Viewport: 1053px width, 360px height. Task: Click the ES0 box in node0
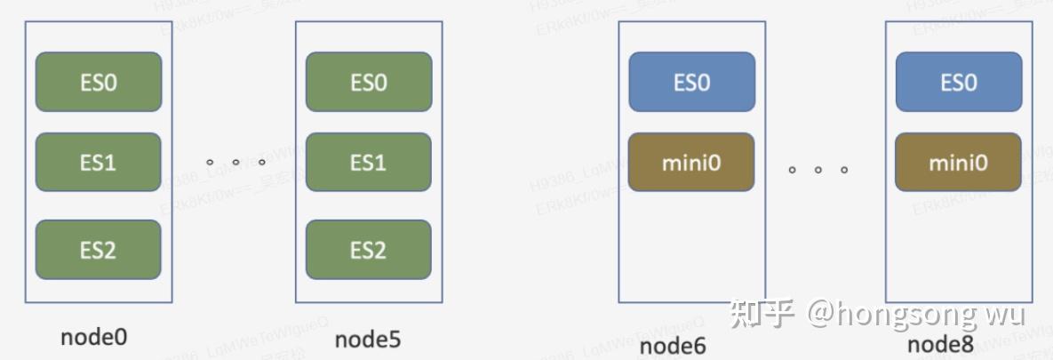[x=98, y=82]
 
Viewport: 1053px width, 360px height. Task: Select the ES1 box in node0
[x=98, y=163]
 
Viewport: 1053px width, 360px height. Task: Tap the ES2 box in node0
[x=98, y=250]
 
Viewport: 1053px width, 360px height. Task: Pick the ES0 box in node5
[x=368, y=82]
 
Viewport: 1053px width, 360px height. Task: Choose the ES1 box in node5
[x=368, y=163]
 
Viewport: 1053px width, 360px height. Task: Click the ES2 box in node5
[x=368, y=250]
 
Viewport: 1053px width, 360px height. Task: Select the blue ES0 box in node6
[x=691, y=82]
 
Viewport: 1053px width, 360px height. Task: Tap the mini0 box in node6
[x=691, y=163]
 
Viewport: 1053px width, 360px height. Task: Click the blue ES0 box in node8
[x=958, y=82]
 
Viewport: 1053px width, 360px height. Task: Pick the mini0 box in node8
[x=958, y=163]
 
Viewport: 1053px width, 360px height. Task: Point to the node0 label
[x=94, y=337]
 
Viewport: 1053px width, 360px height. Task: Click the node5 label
[x=367, y=339]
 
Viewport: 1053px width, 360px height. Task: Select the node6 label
[x=673, y=346]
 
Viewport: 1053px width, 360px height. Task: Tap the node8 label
[x=940, y=345]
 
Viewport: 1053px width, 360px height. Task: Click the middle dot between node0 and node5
[x=236, y=163]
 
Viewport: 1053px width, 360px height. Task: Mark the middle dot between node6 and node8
[x=818, y=169]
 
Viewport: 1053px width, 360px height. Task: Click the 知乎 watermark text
[x=762, y=314]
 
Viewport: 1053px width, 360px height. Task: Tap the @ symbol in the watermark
[x=821, y=314]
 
